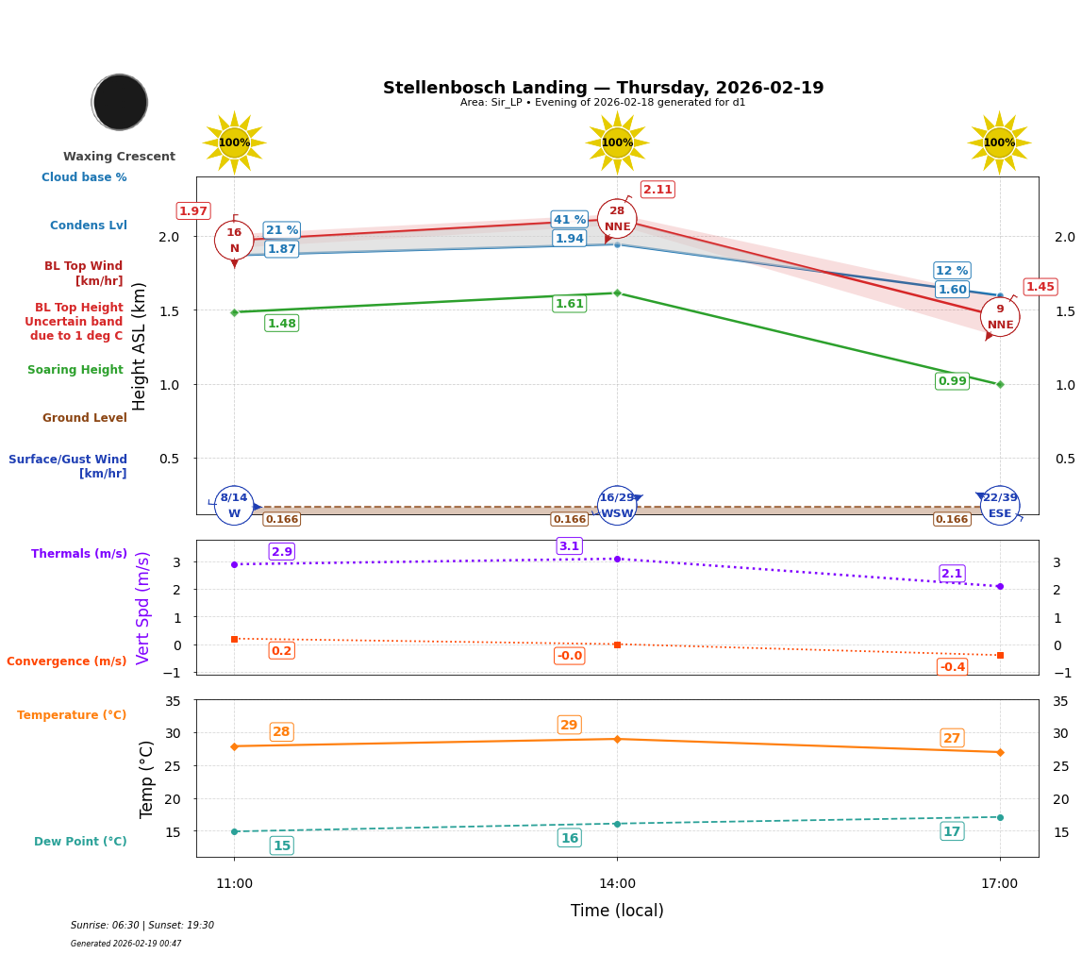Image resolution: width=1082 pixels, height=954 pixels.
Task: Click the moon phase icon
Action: [120, 102]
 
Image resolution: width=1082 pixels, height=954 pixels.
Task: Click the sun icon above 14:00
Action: [617, 142]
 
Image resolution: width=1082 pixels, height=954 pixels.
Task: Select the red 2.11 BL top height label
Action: [658, 190]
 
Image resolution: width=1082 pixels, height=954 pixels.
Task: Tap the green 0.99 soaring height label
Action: [952, 381]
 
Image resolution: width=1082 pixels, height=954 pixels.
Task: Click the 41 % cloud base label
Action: [569, 220]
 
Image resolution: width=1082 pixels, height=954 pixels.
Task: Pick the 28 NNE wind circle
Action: [617, 219]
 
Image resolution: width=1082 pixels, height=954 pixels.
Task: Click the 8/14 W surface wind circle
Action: [234, 506]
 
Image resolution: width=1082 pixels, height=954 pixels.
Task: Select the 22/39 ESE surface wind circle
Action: [1000, 506]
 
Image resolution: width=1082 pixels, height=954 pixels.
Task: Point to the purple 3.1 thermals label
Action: [569, 546]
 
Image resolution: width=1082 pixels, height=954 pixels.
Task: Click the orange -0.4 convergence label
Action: [952, 667]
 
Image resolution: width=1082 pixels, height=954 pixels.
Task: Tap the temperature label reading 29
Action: [569, 725]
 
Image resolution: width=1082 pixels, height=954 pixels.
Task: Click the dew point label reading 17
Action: [952, 831]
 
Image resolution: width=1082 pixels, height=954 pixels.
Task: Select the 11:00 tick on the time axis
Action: [234, 884]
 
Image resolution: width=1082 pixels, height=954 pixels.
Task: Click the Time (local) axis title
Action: [617, 911]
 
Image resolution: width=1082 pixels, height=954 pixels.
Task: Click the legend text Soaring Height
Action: [75, 370]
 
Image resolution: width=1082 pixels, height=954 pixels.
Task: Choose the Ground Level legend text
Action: [84, 418]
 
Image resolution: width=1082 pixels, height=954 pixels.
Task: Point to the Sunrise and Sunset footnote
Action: [142, 926]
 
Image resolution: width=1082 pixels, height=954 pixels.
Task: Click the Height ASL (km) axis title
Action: [140, 345]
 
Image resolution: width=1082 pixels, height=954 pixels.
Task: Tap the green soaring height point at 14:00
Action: [617, 293]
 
